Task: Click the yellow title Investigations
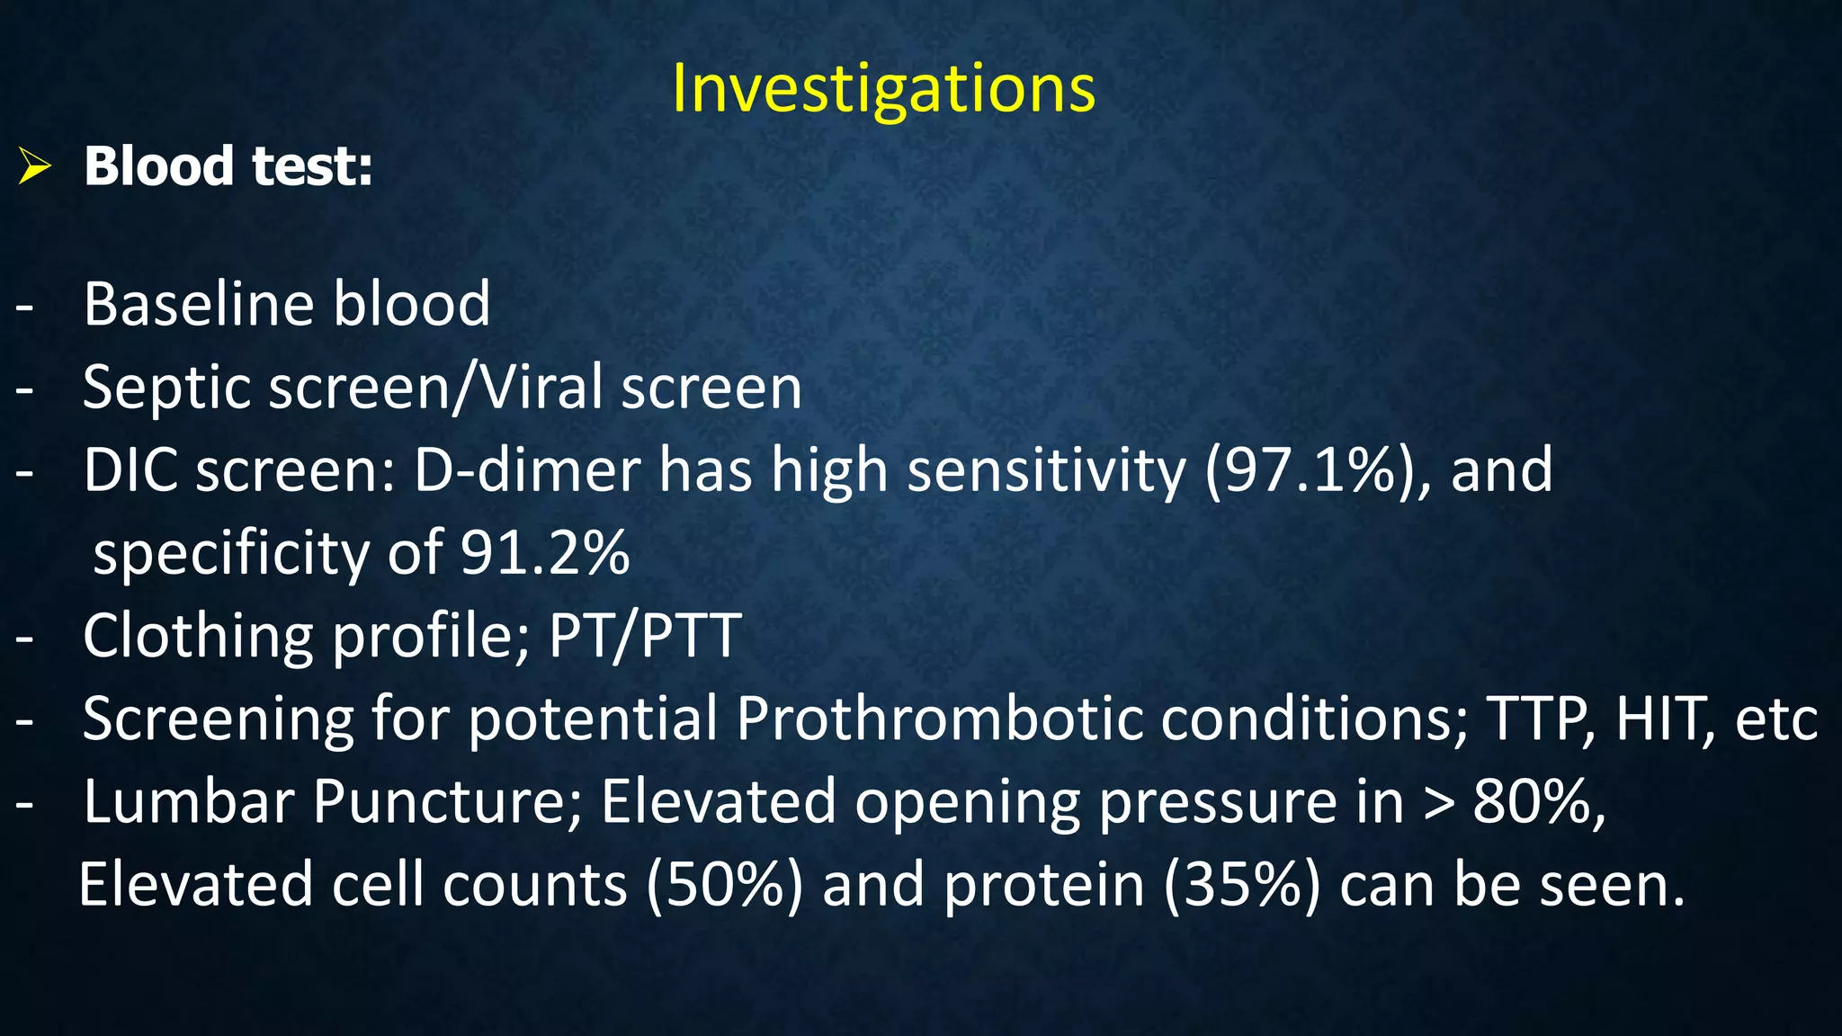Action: tap(883, 88)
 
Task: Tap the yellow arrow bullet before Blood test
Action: tap(34, 167)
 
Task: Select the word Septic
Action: tap(165, 388)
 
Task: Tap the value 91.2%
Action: tap(544, 553)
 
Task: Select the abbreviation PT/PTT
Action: tap(645, 636)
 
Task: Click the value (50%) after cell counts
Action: tap(723, 885)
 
